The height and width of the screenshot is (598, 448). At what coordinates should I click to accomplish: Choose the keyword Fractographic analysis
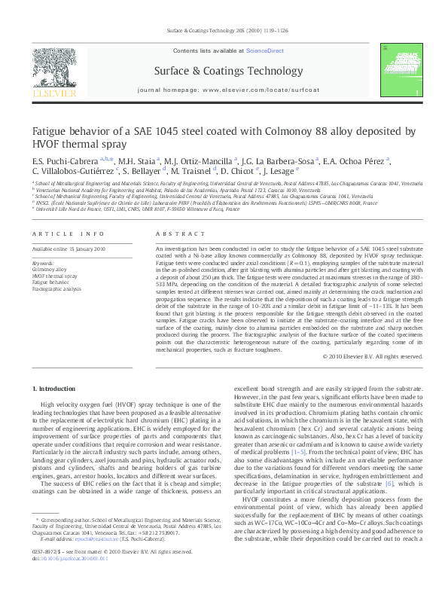tap(56, 288)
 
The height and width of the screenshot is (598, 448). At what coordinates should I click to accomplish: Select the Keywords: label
tap(44, 262)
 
